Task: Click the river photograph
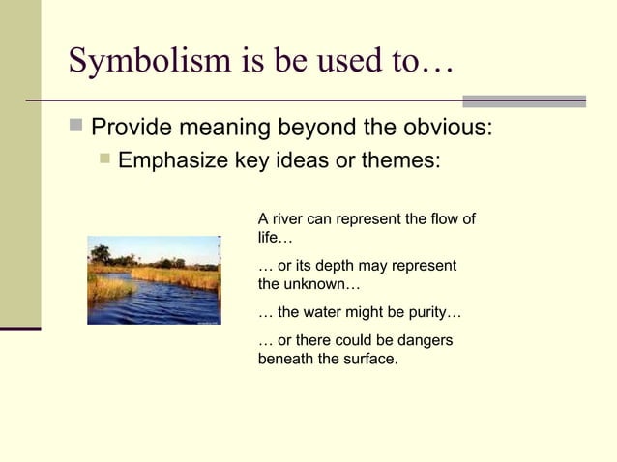(x=154, y=279)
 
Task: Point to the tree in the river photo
(x=100, y=253)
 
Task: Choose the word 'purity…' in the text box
(x=434, y=313)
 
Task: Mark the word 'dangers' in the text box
(x=424, y=341)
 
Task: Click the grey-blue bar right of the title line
(x=523, y=101)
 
